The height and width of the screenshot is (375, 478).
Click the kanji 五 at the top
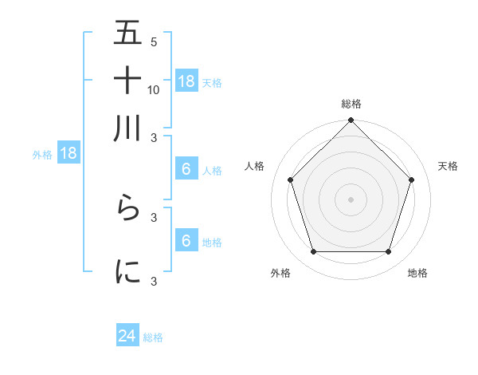point(127,35)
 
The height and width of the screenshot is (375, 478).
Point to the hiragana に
point(127,271)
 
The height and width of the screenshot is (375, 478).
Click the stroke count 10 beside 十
point(154,89)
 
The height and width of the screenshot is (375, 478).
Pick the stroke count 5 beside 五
point(154,42)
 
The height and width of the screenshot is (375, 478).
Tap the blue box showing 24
point(127,336)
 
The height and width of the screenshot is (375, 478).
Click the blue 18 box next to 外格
point(69,154)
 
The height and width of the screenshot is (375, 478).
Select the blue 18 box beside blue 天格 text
point(186,81)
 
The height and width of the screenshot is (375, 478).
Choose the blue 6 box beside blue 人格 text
point(186,169)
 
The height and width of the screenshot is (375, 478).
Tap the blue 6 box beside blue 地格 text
point(186,241)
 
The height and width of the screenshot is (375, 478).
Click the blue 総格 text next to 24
point(153,337)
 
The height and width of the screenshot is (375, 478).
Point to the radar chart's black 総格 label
point(351,104)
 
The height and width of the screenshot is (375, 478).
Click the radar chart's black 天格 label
point(448,166)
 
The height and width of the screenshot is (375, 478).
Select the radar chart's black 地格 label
point(417,273)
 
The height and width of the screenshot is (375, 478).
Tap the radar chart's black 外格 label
point(280,273)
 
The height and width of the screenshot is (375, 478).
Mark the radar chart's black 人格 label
point(255,166)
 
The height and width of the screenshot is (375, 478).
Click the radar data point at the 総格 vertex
point(351,121)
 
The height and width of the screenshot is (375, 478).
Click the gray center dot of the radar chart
point(351,199)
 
